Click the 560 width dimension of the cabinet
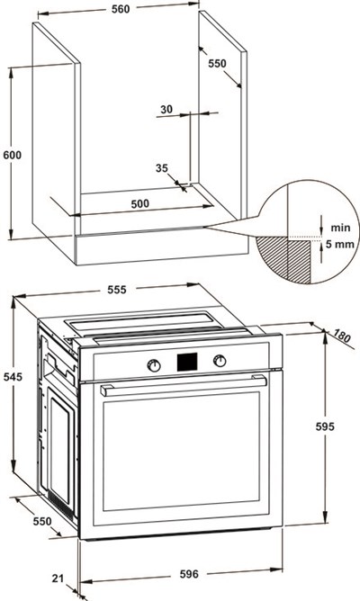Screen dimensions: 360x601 121,9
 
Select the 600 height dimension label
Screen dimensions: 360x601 13,156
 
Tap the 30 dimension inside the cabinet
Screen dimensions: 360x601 166,110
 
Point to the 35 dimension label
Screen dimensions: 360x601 162,168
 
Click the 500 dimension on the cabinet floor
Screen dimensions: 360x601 139,203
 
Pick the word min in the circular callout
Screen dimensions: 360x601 340,228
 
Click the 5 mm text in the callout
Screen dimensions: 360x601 340,244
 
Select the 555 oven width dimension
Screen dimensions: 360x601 116,290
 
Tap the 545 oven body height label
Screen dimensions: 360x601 13,377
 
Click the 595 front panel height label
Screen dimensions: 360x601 325,426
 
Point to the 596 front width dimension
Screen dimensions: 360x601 189,574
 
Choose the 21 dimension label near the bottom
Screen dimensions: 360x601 58,578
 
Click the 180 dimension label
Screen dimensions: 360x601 342,336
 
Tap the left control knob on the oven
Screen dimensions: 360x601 154,365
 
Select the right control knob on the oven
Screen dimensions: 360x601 220,361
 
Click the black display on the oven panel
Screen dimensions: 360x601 187,362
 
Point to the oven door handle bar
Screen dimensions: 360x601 184,385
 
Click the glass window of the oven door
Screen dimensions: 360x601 181,451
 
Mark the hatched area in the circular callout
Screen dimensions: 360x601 283,260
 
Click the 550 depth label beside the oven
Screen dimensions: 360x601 42,521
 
